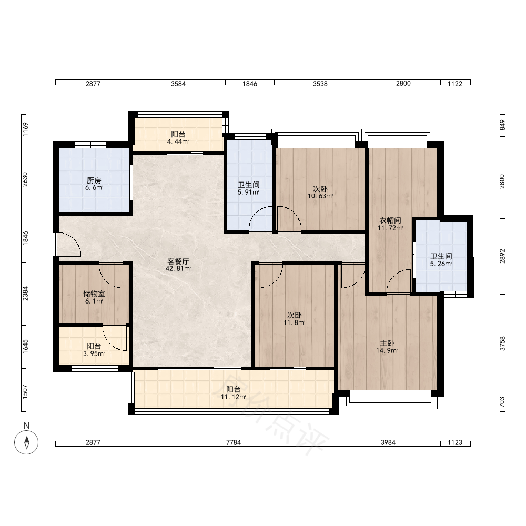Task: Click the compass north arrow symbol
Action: [x=26, y=442]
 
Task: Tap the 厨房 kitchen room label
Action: [x=94, y=181]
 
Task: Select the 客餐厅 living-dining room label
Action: [x=178, y=261]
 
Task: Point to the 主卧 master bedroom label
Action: [x=387, y=343]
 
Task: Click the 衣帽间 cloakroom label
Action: [x=390, y=220]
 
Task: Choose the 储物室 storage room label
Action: [x=94, y=294]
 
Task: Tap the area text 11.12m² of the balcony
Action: [x=234, y=397]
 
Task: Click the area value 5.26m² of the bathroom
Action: [x=441, y=264]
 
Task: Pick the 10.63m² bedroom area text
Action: [x=320, y=196]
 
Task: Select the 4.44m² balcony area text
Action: [x=178, y=141]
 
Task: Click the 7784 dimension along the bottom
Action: [x=234, y=442]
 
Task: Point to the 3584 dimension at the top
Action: [x=178, y=84]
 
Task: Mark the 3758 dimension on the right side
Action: [x=502, y=343]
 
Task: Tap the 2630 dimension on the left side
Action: [x=25, y=179]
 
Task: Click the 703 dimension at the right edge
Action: [x=502, y=402]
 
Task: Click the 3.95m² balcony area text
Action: [x=94, y=353]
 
